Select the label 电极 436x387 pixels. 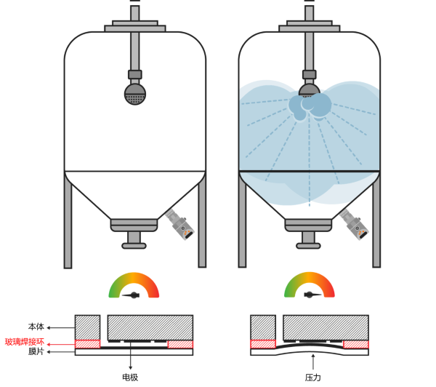(130, 378)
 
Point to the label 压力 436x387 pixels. (313, 378)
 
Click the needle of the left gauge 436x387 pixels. (134, 295)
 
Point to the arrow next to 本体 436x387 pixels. (52, 327)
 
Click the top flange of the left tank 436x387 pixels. (135, 28)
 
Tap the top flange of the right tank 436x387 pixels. (310, 28)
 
